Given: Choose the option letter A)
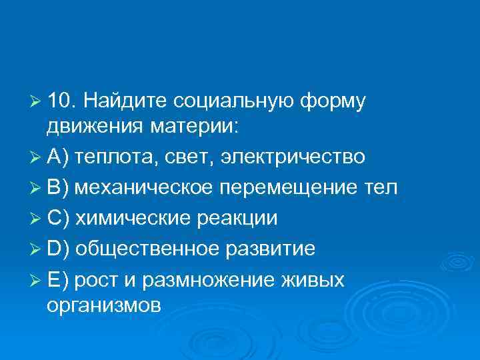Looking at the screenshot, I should tap(59, 157).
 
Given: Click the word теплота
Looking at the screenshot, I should tap(113, 157).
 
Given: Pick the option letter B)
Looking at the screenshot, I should tap(59, 188).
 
